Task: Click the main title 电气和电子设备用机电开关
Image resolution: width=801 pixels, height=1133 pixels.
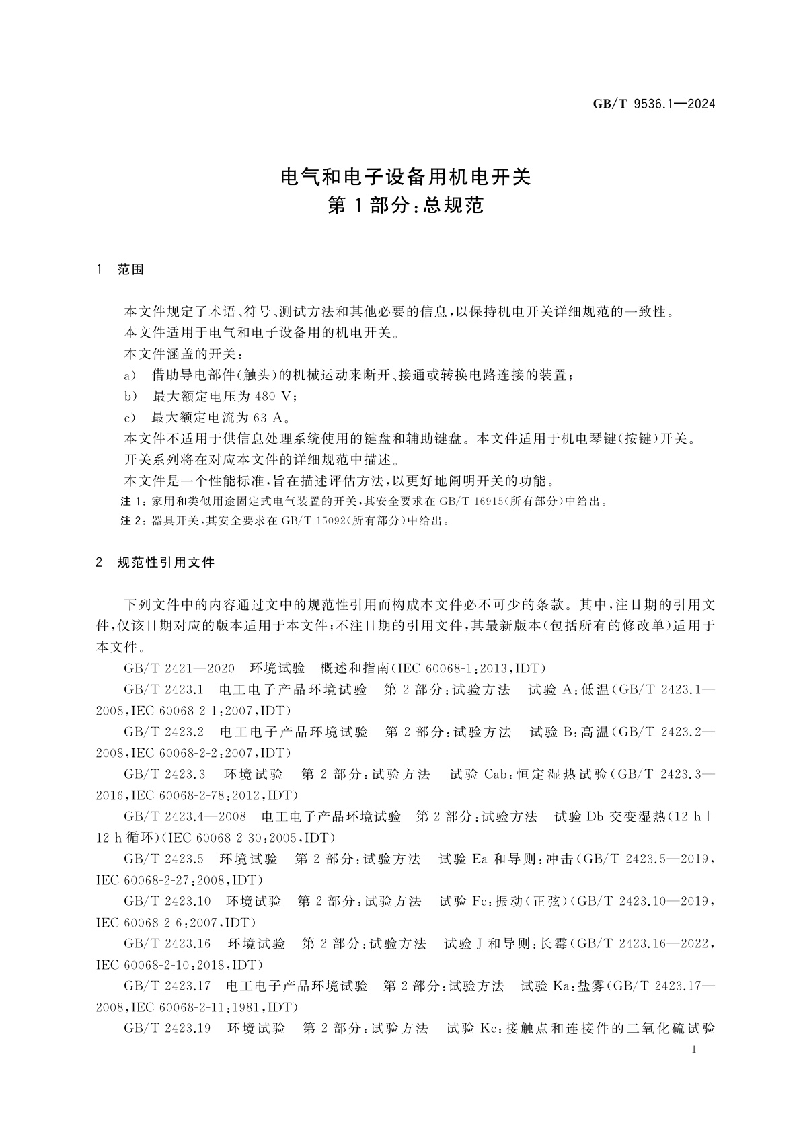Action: click(x=406, y=177)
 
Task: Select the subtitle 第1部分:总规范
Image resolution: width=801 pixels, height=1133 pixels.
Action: click(x=406, y=206)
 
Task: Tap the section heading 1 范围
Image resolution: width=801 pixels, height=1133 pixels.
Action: click(x=120, y=270)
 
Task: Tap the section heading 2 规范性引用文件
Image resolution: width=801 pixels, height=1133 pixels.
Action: click(x=156, y=562)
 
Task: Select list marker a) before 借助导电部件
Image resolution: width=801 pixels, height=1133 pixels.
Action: click(x=130, y=375)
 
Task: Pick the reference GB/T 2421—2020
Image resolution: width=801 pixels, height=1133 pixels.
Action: click(x=179, y=668)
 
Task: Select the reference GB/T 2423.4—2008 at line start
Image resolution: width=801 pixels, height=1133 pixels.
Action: click(x=185, y=817)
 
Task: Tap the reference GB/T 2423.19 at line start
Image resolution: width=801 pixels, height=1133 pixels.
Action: click(x=167, y=1029)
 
